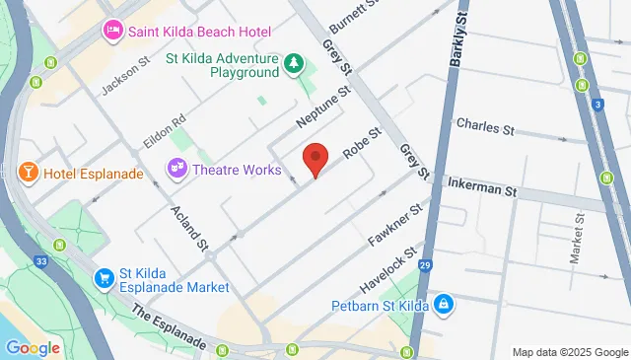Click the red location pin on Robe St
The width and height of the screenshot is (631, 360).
(x=315, y=158)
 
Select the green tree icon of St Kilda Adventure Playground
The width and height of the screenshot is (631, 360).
(x=294, y=65)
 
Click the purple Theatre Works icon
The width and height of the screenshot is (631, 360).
(x=178, y=169)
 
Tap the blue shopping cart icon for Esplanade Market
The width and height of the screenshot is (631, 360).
(x=104, y=279)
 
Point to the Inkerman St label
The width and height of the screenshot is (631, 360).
(x=482, y=187)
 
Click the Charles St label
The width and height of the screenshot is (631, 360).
(x=485, y=127)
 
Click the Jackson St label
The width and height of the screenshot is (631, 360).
(x=124, y=74)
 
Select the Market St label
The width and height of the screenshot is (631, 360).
(x=577, y=243)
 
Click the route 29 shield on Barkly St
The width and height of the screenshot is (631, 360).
(x=425, y=266)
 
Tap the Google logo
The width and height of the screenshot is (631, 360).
(x=33, y=347)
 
